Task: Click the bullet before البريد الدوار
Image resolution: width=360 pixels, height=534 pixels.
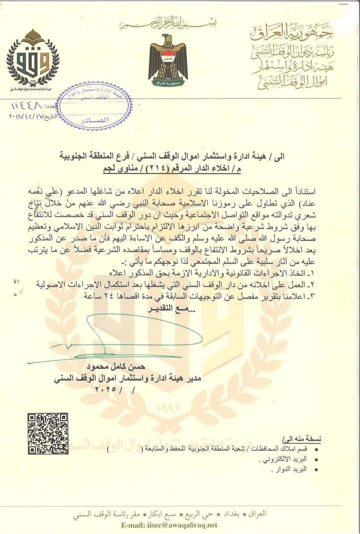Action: point(314,469)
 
